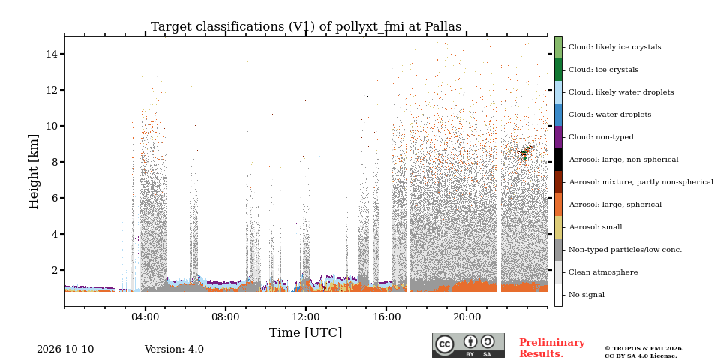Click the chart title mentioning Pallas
[306, 27]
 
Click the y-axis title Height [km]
[34, 172]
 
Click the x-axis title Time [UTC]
[306, 332]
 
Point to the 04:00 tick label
[145, 316]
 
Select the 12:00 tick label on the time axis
[306, 316]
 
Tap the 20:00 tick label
[466, 316]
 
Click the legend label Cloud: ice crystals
[603, 70]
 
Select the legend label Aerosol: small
[595, 227]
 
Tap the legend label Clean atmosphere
[603, 272]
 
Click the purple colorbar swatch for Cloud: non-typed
[558, 137]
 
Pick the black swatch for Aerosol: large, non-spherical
[558, 160]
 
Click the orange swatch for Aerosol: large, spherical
[558, 205]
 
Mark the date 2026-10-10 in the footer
[65, 349]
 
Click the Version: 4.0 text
[174, 349]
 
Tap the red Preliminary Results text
[552, 348]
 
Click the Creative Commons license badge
[468, 345]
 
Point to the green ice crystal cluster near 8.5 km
[525, 152]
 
